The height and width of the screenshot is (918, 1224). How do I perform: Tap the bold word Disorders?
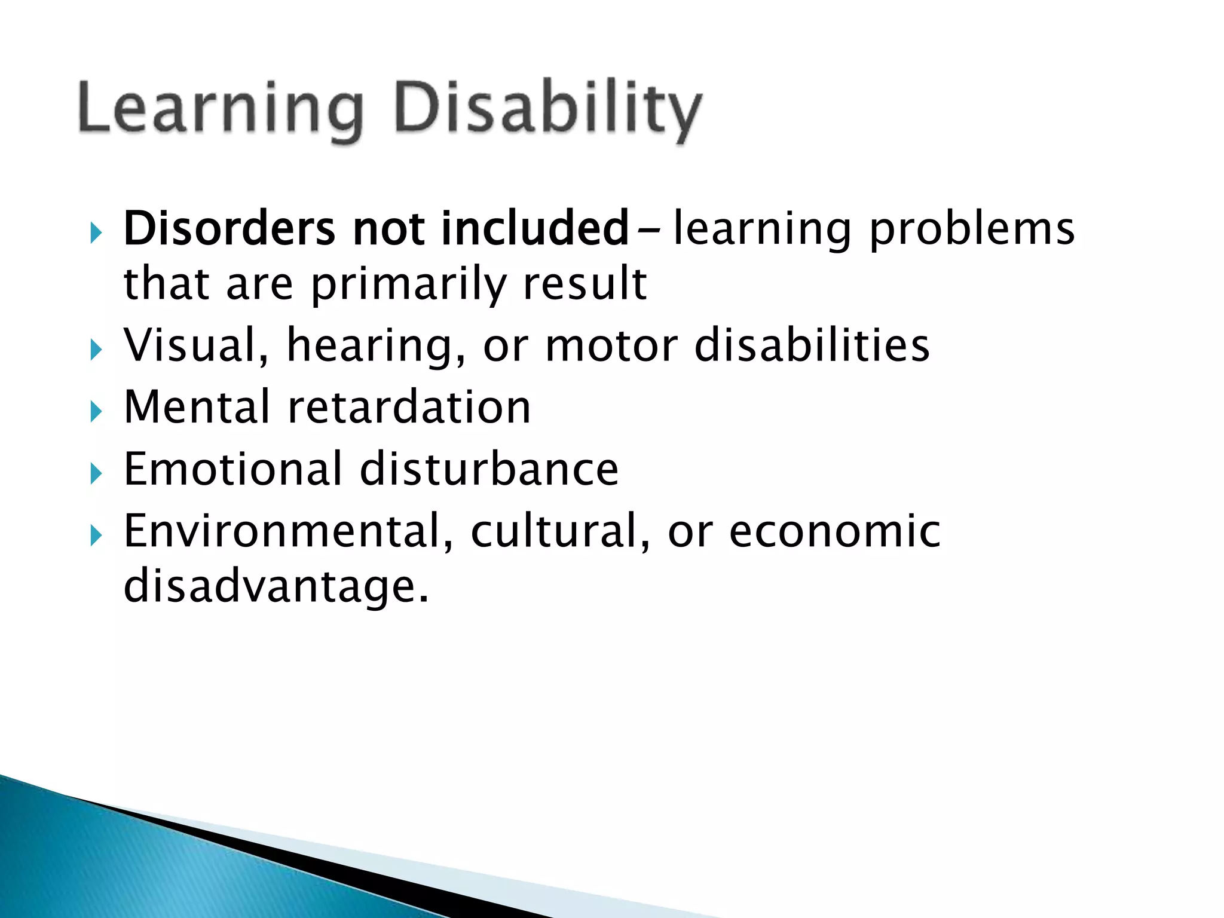pyautogui.click(x=229, y=228)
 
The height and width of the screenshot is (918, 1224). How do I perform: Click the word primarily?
pyautogui.click(x=409, y=284)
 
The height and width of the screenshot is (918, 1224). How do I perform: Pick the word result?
pyautogui.click(x=585, y=283)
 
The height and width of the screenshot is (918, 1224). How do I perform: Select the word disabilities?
pyautogui.click(x=812, y=345)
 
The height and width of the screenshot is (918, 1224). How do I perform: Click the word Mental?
pyautogui.click(x=197, y=407)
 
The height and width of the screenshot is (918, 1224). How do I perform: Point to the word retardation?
pyautogui.click(x=409, y=407)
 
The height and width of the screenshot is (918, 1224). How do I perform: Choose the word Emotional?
pyautogui.click(x=232, y=469)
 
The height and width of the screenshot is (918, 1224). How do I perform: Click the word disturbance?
pyautogui.click(x=489, y=469)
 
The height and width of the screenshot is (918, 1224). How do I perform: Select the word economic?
pyautogui.click(x=834, y=531)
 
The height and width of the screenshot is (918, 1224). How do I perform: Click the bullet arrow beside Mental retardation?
pyautogui.click(x=96, y=412)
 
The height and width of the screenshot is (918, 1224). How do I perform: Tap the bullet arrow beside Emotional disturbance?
pyautogui.click(x=96, y=474)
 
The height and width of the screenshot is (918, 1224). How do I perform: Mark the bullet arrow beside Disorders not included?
pyautogui.click(x=96, y=232)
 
